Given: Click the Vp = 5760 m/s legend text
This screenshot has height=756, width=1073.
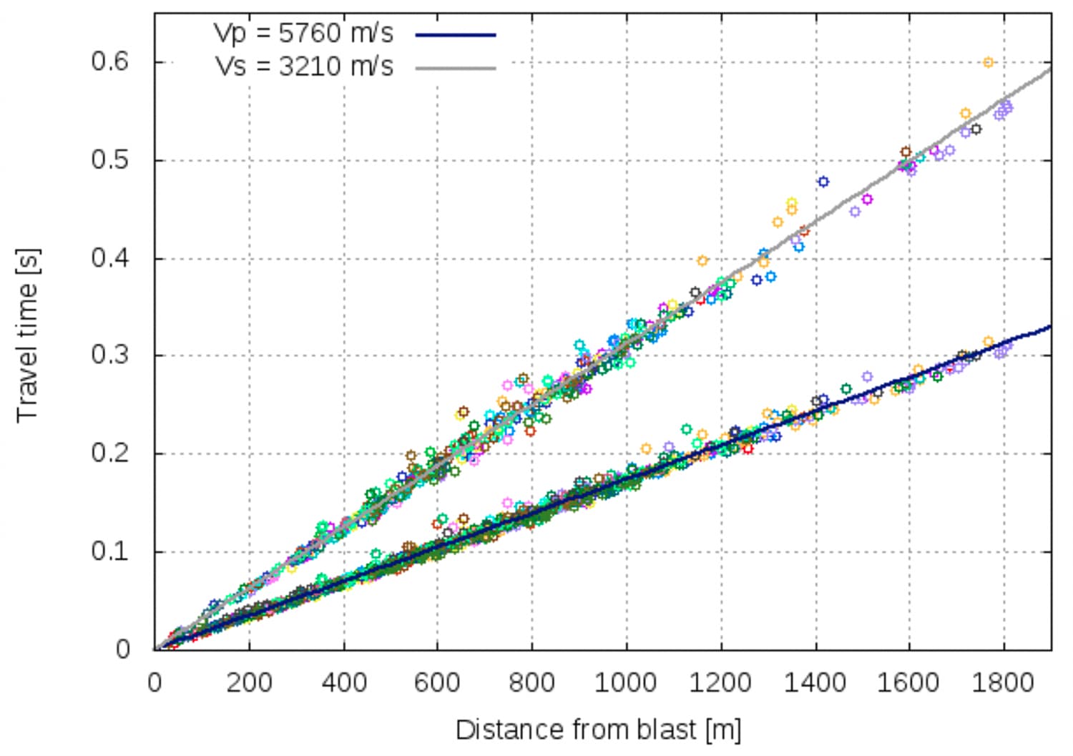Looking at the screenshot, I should [x=303, y=33].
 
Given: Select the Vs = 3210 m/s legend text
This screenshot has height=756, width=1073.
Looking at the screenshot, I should [x=304, y=67].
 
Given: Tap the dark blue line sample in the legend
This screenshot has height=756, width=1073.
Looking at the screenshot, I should [x=456, y=34].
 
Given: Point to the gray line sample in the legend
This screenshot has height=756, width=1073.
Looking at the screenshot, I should [x=456, y=68].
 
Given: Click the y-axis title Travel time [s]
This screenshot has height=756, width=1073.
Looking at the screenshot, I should [x=27, y=335].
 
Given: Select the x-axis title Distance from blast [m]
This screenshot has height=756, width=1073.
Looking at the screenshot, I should [x=598, y=730].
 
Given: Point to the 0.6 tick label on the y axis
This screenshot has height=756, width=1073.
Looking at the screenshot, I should [x=109, y=62].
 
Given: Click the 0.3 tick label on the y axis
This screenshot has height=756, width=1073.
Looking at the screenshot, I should [x=109, y=355].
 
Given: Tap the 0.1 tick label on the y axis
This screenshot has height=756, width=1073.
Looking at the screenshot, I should [x=109, y=551].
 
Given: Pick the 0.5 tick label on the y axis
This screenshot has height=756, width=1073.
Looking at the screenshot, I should [x=109, y=159].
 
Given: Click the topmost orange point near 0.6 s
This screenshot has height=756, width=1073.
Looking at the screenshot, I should [x=988, y=63].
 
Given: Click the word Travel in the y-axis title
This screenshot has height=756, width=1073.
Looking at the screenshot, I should [x=27, y=386].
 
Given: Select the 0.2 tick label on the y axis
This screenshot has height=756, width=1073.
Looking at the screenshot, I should [x=109, y=453].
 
